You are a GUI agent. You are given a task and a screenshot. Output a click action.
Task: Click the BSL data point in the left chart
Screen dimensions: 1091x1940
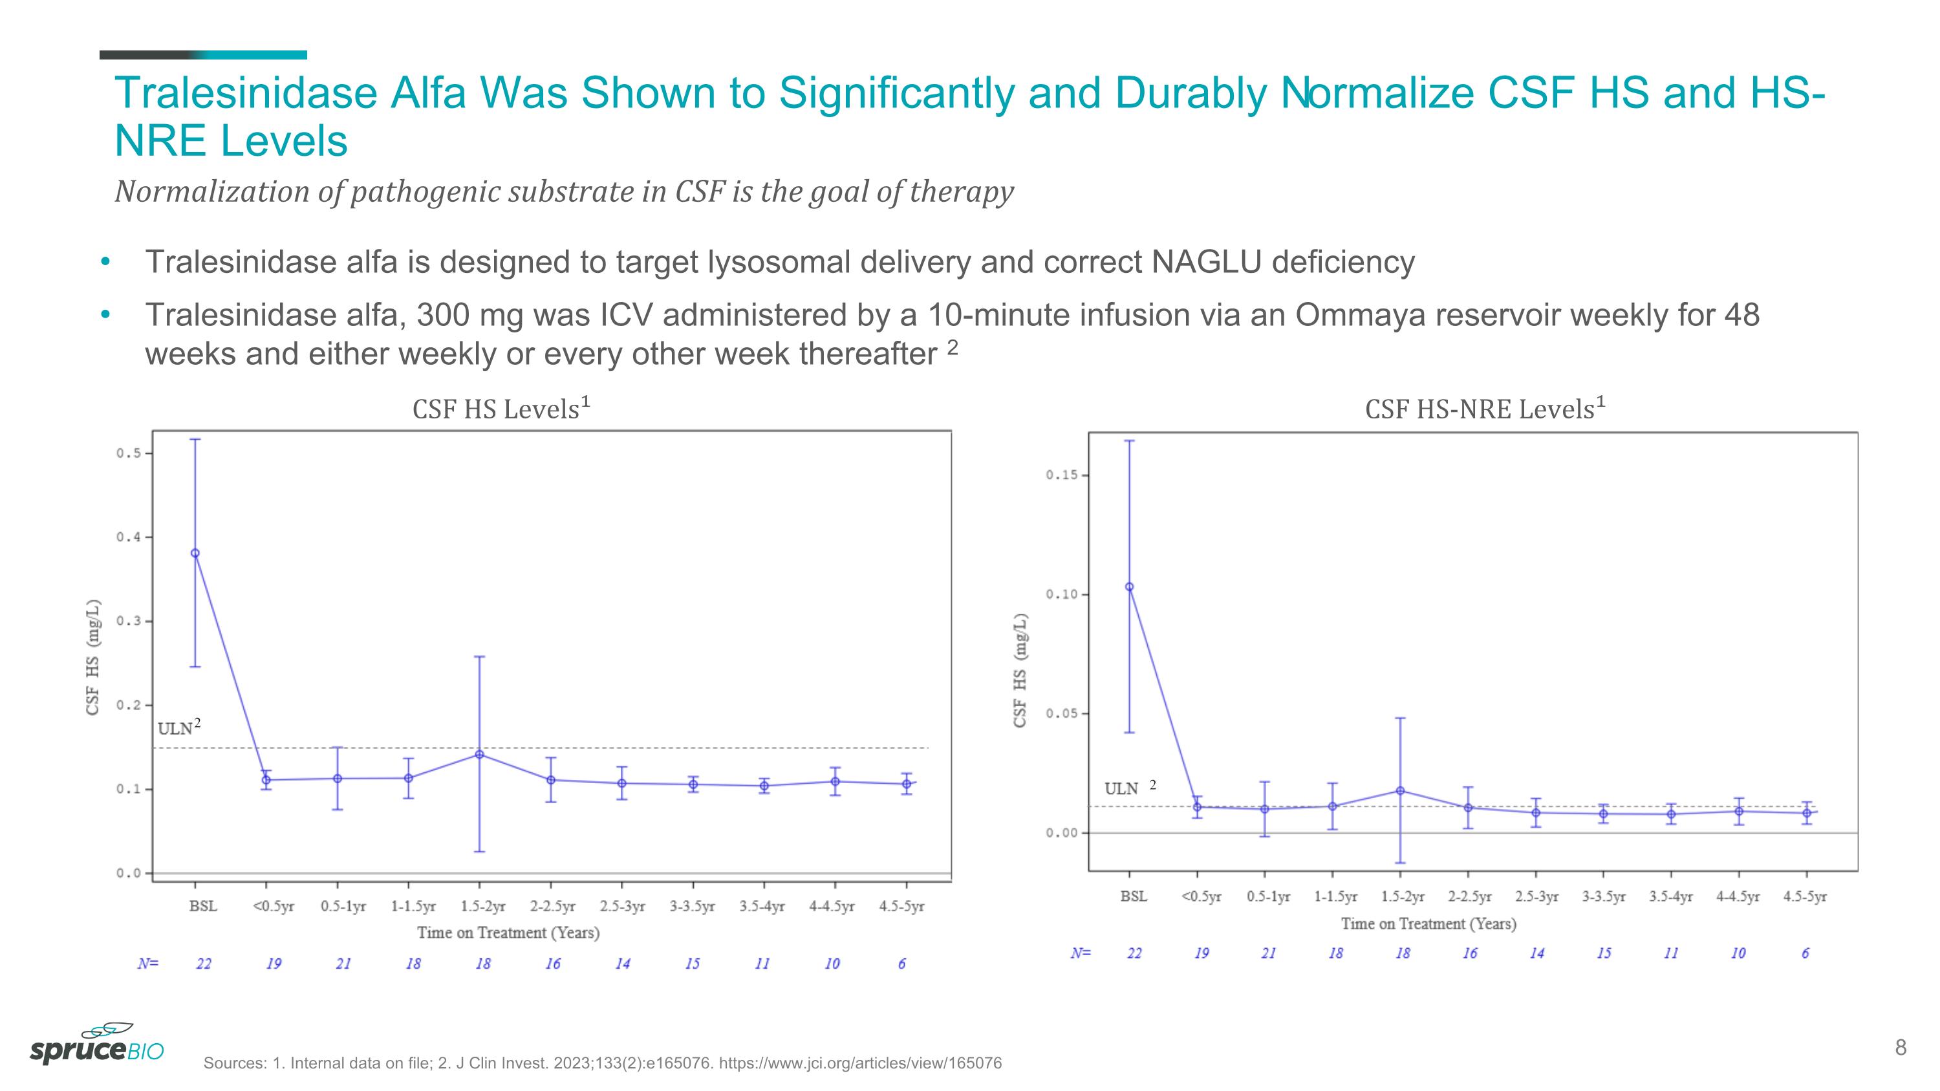[195, 554]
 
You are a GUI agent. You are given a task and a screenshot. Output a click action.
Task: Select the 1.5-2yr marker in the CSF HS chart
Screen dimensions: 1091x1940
[480, 755]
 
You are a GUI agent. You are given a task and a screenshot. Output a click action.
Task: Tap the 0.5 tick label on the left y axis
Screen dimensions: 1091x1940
[127, 453]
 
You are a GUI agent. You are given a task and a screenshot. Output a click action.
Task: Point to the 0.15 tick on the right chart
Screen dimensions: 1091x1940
[1061, 475]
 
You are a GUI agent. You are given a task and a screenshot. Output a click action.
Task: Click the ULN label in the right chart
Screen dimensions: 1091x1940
[1121, 789]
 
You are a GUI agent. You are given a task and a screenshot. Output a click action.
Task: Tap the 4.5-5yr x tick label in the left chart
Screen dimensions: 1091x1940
[901, 907]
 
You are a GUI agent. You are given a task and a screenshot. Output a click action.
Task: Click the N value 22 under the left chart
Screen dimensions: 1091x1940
[203, 964]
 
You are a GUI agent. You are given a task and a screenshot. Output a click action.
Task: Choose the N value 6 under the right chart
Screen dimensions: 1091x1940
[1805, 953]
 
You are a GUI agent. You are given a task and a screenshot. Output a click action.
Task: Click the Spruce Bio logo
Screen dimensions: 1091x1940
[96, 1045]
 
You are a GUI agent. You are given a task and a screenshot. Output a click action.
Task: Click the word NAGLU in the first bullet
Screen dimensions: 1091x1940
[1206, 262]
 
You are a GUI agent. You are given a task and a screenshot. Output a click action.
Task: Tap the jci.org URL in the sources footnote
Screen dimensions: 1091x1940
[860, 1063]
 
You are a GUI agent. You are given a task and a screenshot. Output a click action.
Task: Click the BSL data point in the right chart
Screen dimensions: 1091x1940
[1129, 587]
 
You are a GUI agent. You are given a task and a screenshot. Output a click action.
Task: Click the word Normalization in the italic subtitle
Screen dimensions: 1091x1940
[211, 191]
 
